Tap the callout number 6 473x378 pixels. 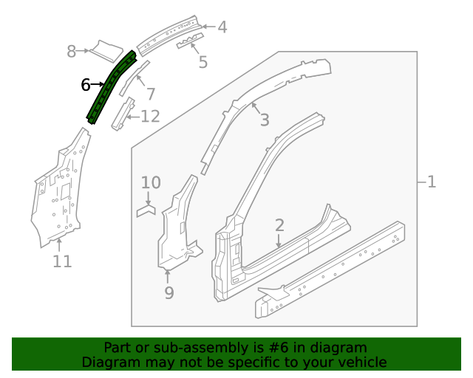(x=86, y=85)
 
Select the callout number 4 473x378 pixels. (x=222, y=28)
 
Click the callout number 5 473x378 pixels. (x=203, y=61)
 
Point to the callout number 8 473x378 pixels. (x=72, y=51)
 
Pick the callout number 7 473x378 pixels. (x=150, y=94)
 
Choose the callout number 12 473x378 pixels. (x=150, y=116)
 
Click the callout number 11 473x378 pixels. (x=62, y=261)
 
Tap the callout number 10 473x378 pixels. (x=150, y=182)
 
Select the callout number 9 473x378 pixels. (x=169, y=293)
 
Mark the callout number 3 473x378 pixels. (x=264, y=120)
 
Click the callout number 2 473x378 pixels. (x=279, y=225)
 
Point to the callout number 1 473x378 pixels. (x=432, y=181)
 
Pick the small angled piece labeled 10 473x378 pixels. (x=146, y=210)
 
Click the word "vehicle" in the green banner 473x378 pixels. (x=358, y=362)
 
